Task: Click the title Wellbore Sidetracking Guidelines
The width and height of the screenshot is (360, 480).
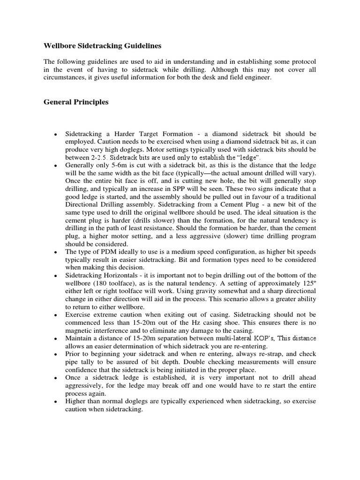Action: (102, 46)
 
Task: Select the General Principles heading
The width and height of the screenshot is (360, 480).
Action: (76, 102)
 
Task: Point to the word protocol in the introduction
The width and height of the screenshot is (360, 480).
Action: (303, 61)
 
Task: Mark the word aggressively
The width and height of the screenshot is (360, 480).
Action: (86, 385)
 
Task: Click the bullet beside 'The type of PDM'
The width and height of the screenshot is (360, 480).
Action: (56, 252)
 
